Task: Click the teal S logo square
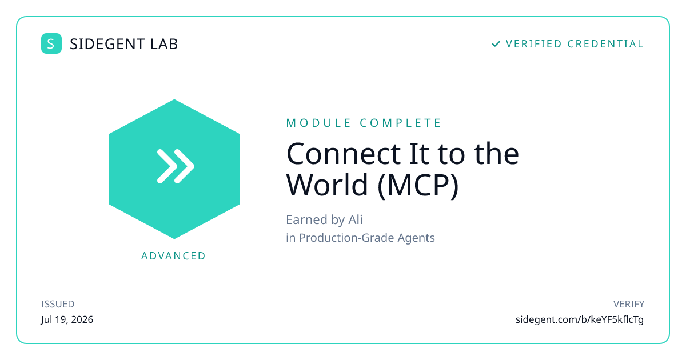51,43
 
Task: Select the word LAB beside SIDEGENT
164,44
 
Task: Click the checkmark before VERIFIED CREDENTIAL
496,44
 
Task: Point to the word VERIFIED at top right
534,44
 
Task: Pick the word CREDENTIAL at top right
605,44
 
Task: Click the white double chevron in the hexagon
176,166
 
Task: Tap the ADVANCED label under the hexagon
173,256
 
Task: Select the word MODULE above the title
318,123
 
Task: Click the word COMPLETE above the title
400,123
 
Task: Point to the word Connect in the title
344,154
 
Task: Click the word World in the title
327,185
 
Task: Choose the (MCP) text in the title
418,186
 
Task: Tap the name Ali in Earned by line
355,219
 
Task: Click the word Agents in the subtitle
416,238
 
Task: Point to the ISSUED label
58,304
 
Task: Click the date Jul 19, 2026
67,319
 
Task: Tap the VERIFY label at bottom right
628,304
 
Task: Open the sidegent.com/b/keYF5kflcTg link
580,319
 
